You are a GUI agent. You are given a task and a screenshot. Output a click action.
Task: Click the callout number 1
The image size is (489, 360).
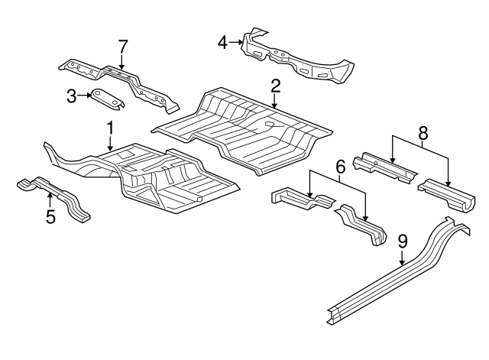[110, 128]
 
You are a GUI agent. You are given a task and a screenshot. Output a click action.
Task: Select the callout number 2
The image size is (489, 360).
[275, 86]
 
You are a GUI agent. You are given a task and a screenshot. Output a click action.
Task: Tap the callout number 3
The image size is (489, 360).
[72, 96]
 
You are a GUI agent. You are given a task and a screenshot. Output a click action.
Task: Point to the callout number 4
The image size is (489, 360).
[222, 43]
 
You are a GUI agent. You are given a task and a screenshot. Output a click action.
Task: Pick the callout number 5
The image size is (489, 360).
[51, 216]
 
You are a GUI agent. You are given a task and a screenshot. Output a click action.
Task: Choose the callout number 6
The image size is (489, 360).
[341, 167]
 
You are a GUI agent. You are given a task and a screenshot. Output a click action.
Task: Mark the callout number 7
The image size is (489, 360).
[123, 47]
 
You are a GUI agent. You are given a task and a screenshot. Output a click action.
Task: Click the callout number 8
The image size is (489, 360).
[423, 133]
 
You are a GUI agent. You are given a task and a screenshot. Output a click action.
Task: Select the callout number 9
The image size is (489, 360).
[403, 242]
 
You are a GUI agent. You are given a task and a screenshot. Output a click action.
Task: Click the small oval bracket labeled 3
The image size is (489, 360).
[107, 100]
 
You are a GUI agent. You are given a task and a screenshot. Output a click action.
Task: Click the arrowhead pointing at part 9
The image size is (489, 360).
[403, 263]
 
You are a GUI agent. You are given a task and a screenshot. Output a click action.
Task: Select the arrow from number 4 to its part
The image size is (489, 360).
[236, 42]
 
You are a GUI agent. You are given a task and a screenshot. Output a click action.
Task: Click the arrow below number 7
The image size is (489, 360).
[121, 62]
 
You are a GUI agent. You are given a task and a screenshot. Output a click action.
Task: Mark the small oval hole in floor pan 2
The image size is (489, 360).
[270, 124]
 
